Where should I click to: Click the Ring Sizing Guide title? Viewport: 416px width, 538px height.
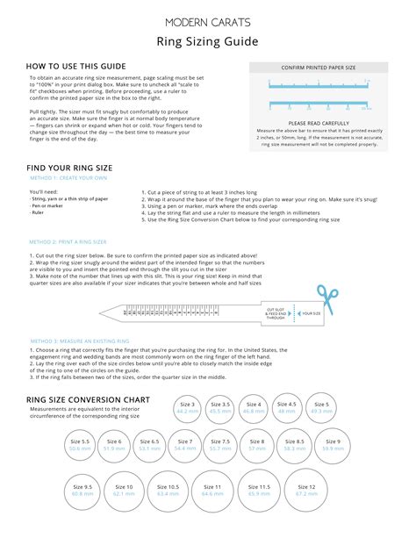tap(208, 40)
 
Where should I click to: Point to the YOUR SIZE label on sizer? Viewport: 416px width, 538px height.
tap(312, 312)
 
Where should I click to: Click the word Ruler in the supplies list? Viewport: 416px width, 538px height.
tap(37, 212)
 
